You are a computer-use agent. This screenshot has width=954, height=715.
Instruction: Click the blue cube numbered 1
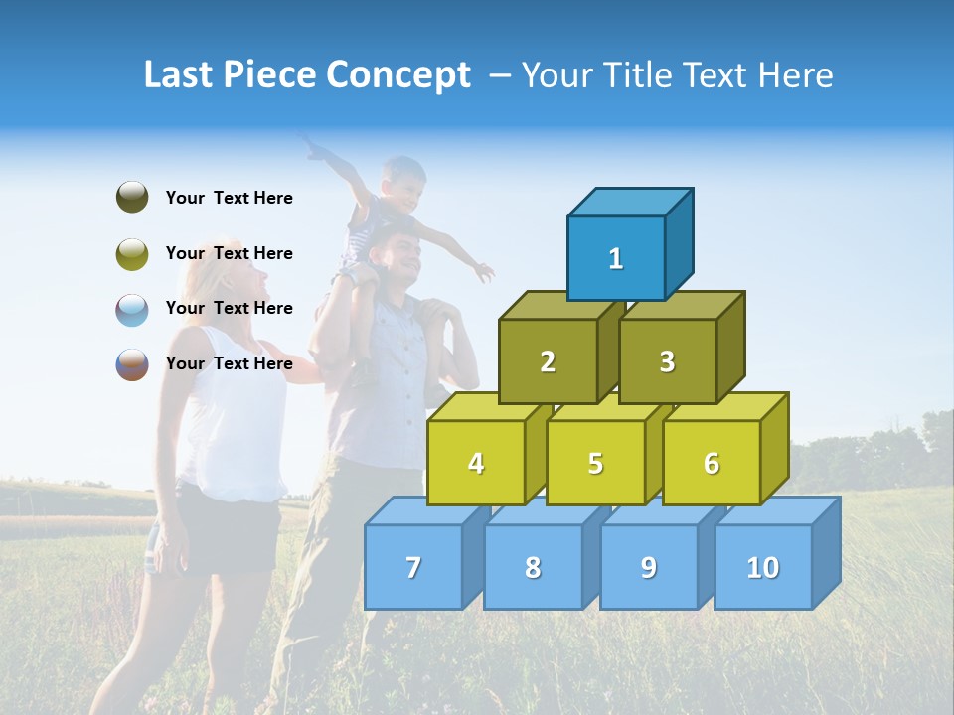(x=616, y=258)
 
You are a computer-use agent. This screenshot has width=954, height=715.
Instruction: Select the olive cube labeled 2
(x=548, y=361)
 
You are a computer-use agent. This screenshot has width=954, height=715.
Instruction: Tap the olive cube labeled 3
(x=667, y=361)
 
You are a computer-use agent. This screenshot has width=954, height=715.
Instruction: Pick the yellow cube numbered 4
(x=476, y=463)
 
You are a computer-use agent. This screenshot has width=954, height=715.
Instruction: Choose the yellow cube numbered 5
(x=595, y=463)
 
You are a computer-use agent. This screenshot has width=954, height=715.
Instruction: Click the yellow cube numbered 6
(x=712, y=463)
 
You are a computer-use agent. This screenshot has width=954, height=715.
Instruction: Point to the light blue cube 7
(x=413, y=567)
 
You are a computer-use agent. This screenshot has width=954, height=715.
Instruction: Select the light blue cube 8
(x=533, y=567)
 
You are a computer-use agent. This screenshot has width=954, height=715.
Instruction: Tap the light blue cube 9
(x=648, y=567)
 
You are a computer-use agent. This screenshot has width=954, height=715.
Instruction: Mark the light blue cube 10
(x=763, y=567)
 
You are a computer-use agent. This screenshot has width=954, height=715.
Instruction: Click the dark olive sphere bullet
(x=132, y=198)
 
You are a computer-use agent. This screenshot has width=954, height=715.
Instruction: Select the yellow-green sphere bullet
(x=132, y=253)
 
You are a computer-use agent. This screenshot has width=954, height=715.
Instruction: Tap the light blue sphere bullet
(x=132, y=309)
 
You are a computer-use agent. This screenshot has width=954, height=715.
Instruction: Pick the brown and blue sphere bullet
(x=132, y=363)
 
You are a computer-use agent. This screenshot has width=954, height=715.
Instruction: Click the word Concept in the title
(x=398, y=75)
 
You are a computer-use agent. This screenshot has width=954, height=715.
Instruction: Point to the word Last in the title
(x=180, y=75)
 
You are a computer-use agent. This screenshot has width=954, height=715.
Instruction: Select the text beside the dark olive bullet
(x=230, y=198)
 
